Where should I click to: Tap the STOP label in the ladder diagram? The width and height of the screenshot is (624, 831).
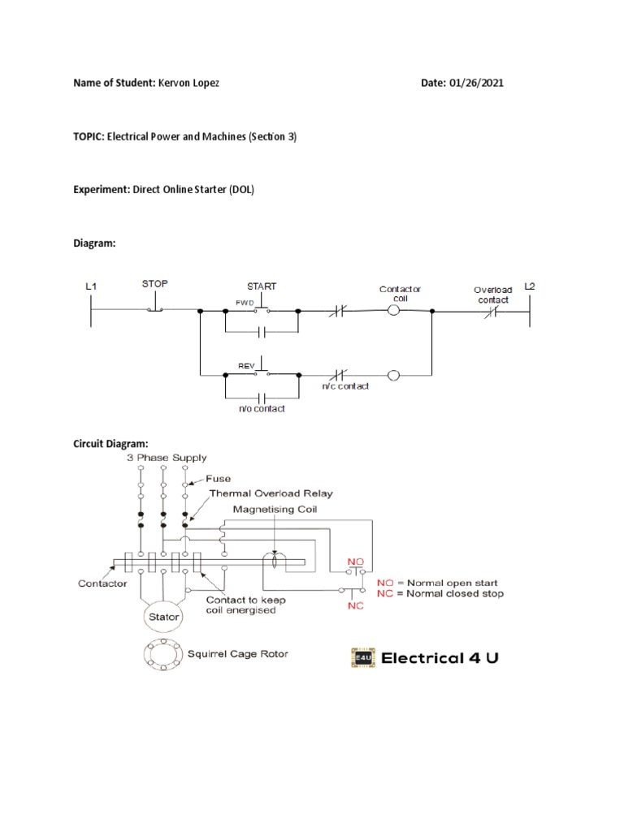tap(154, 284)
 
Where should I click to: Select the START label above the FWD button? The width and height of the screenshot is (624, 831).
tap(262, 286)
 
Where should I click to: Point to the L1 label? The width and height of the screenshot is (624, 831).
tap(91, 286)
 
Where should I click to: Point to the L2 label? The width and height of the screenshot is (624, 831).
tap(530, 286)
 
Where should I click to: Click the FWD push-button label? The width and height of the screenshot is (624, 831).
tap(245, 302)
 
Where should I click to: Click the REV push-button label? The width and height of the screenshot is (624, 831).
tap(246, 366)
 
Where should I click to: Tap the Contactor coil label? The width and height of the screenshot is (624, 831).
tap(401, 293)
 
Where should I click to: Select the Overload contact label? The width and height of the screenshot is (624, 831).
tap(493, 295)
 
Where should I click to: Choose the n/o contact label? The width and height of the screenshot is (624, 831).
tap(261, 409)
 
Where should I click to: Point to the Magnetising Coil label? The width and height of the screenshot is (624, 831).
tap(274, 510)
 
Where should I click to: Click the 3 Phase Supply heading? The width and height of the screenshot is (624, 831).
tap(167, 459)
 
